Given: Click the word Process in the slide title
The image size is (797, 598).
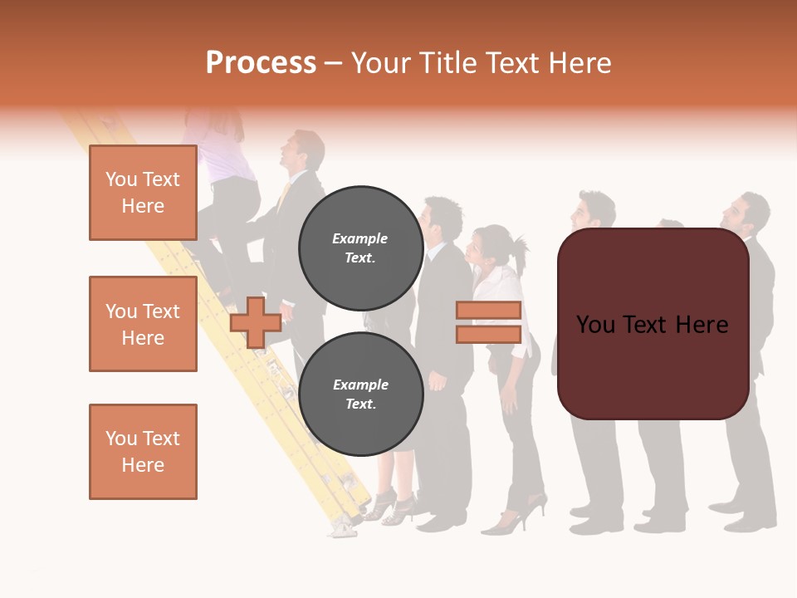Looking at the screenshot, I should point(261,63).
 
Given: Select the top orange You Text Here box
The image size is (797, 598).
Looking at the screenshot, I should point(143,193).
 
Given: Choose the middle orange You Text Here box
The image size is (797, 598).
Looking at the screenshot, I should point(143,324).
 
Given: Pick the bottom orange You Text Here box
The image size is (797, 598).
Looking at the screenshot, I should point(143,451).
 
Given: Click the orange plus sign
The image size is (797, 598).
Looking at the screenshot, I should point(256,322).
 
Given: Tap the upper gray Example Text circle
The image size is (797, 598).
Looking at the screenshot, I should point(360,248).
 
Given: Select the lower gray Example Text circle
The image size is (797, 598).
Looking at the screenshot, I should point(360,394).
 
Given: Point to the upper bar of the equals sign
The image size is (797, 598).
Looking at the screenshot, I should point(488,311).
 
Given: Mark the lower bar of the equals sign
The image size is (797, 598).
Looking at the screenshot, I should point(488,334).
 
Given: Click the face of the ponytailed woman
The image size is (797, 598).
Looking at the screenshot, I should point(482,246).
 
